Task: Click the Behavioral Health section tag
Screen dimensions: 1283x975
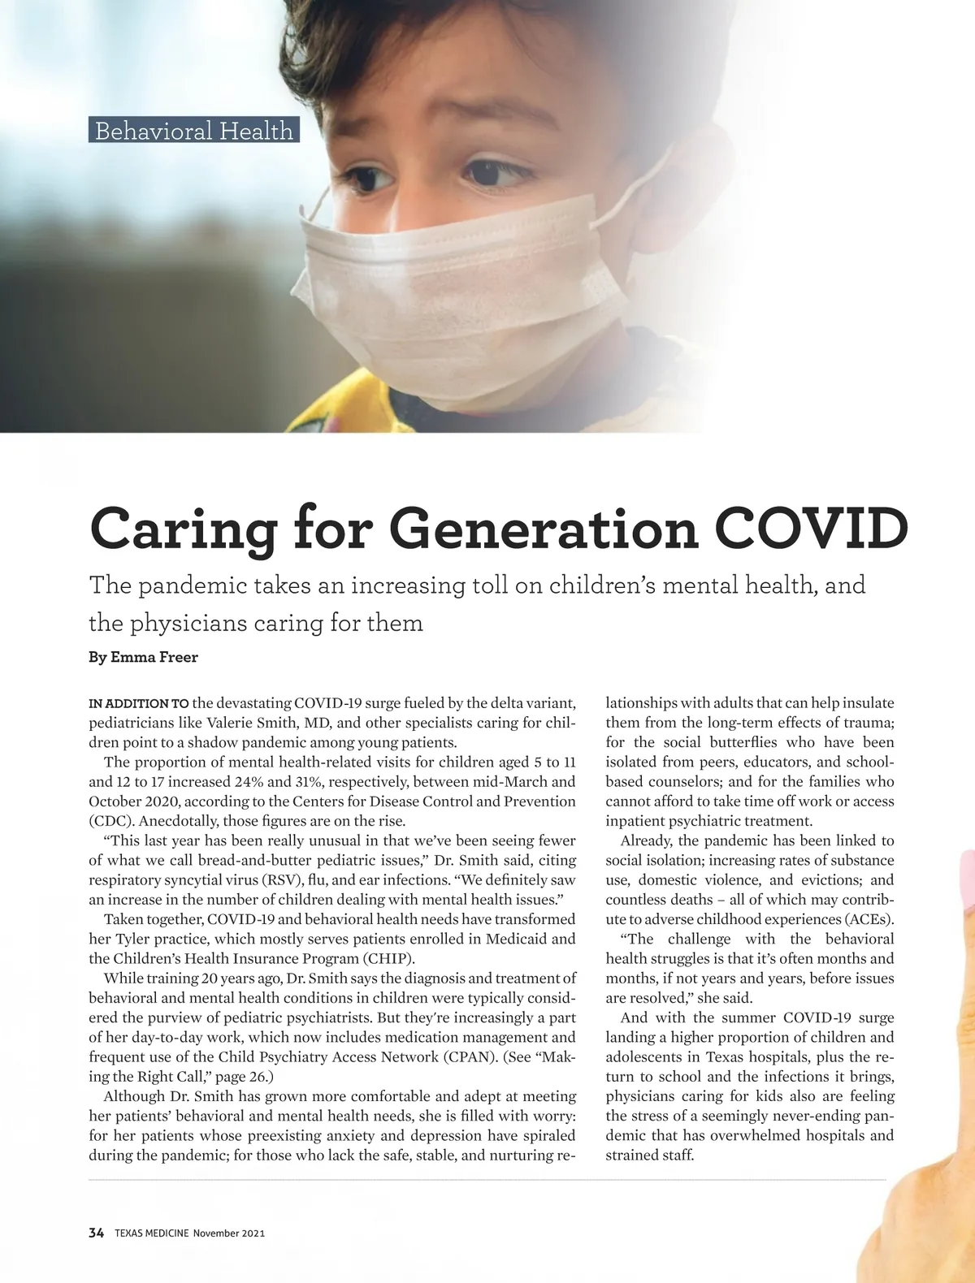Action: pyautogui.click(x=193, y=130)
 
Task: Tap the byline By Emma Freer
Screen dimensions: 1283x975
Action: pyautogui.click(x=143, y=657)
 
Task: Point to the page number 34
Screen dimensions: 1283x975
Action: pyautogui.click(x=97, y=1233)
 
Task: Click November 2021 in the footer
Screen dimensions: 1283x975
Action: pyautogui.click(x=229, y=1233)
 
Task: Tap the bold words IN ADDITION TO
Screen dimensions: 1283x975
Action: pyautogui.click(x=139, y=703)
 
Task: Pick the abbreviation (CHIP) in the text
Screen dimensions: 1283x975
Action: pyautogui.click(x=388, y=958)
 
